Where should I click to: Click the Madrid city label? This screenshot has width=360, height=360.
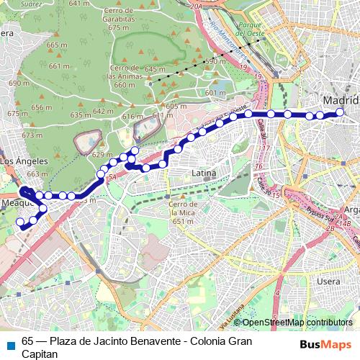[340, 99]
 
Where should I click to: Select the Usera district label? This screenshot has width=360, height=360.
[328, 280]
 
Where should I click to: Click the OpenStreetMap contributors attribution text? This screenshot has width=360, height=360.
[297, 323]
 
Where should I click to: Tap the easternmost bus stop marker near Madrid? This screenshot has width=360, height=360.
[341, 112]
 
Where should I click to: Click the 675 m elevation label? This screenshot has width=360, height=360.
[117, 27]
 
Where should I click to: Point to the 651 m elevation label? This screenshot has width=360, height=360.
[183, 222]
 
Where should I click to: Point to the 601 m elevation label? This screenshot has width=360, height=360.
[215, 93]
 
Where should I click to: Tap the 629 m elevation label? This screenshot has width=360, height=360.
[102, 155]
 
